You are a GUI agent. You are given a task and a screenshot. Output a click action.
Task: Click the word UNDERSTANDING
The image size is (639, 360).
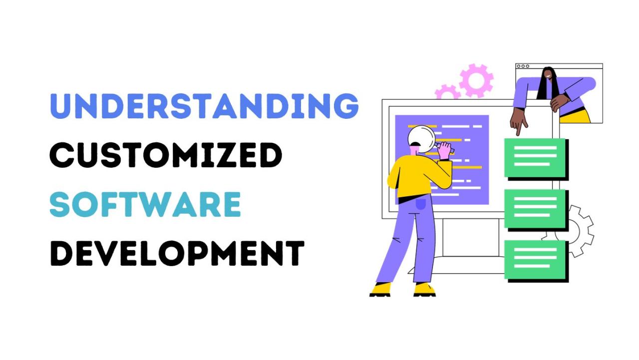click(x=204, y=106)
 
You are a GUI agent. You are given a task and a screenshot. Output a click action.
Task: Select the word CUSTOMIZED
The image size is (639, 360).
click(x=166, y=154)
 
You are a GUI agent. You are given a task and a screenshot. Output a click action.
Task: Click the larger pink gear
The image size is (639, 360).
click(x=476, y=80)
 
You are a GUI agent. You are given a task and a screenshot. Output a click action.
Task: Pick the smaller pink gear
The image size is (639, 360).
click(x=447, y=93)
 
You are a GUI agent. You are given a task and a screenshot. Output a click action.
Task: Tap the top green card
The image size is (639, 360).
click(x=535, y=157)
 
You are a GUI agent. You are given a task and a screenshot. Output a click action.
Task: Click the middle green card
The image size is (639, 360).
click(x=535, y=209)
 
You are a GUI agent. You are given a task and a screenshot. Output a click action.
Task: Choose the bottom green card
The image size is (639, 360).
click(x=535, y=259)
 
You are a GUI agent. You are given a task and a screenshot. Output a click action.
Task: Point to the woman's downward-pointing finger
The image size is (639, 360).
click(x=518, y=131)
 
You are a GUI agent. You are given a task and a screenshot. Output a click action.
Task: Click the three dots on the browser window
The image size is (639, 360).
click(x=523, y=66)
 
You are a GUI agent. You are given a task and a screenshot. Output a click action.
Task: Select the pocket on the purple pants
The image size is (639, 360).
click(x=421, y=204)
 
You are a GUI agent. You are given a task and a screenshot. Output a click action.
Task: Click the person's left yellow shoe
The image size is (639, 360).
click(x=381, y=290)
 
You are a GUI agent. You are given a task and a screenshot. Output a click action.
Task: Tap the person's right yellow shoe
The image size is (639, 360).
click(x=424, y=289)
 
